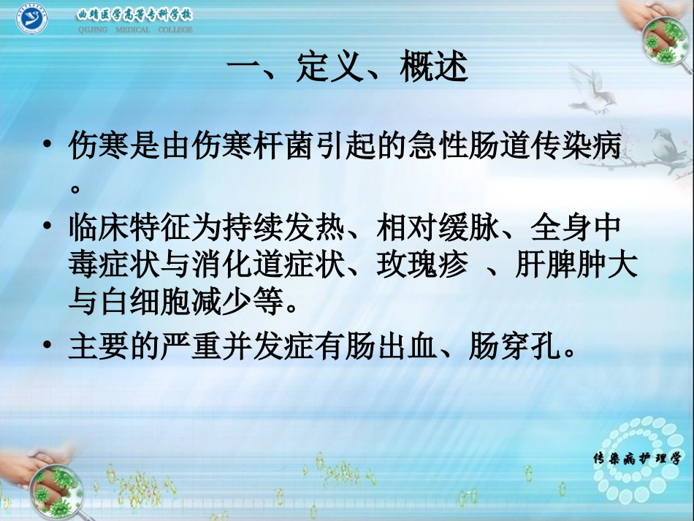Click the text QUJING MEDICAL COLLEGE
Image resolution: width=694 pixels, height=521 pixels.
tap(135, 30)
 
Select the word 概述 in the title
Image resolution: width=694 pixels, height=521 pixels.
tap(433, 69)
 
